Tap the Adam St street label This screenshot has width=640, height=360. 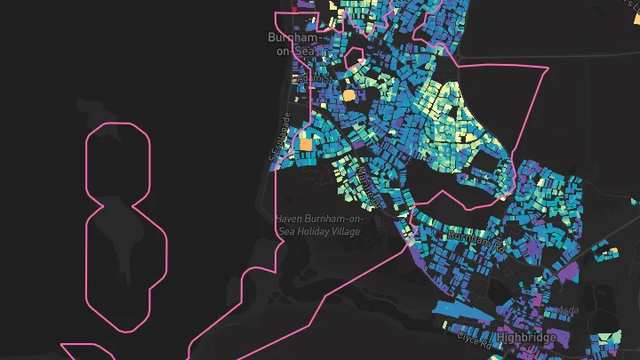pyautogui.click(x=313, y=77)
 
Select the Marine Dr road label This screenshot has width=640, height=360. pyautogui.click(x=370, y=186)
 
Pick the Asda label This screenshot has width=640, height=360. pyautogui.click(x=567, y=310)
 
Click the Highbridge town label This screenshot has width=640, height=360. pyautogui.click(x=526, y=338)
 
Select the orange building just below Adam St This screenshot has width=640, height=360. pyautogui.click(x=349, y=93)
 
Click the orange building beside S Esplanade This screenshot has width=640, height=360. pyautogui.click(x=305, y=143)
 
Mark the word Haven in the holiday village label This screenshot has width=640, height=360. pyautogui.click(x=290, y=218)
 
